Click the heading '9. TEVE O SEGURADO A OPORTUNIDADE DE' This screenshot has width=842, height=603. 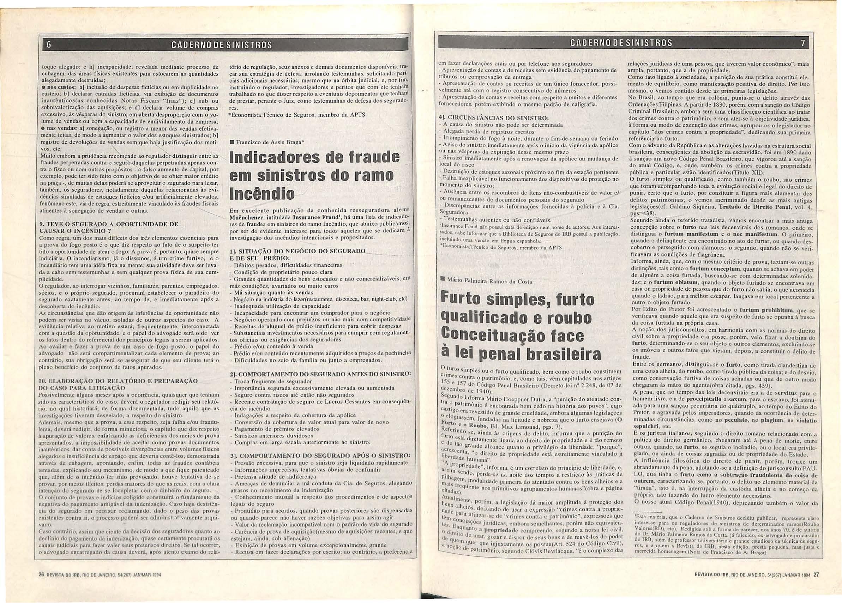109,224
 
